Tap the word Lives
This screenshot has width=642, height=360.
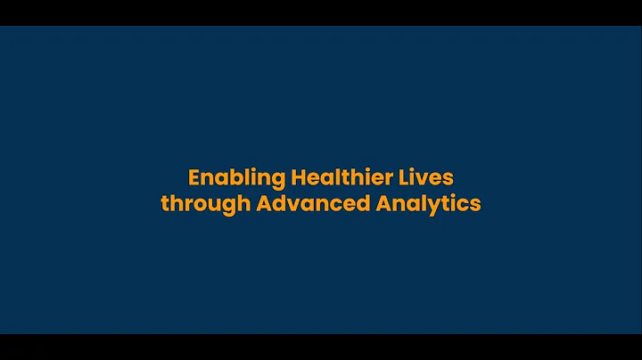click(430, 176)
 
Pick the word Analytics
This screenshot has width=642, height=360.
click(428, 203)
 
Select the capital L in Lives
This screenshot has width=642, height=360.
click(410, 176)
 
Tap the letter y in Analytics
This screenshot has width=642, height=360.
click(432, 206)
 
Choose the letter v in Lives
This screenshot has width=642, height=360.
click(430, 177)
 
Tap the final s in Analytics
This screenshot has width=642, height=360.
click(475, 204)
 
